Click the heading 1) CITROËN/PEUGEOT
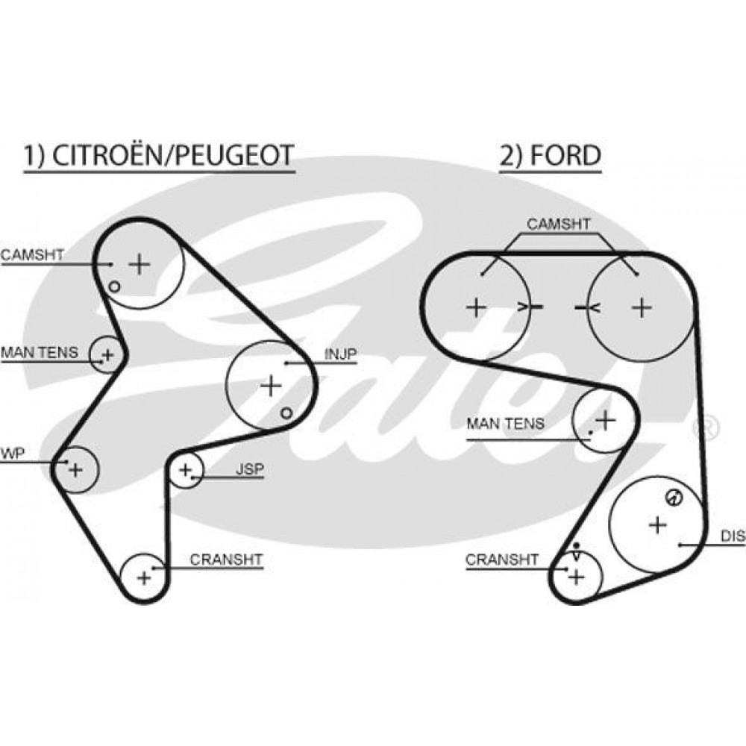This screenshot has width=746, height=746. tap(159, 156)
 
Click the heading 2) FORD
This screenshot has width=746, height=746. tap(550, 156)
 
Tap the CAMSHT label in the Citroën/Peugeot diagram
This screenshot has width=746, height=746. tap(32, 254)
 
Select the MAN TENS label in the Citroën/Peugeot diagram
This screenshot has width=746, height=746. tap(40, 353)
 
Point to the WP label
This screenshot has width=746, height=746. tap(13, 454)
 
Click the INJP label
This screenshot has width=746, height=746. tap(340, 354)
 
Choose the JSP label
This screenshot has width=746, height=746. tap(250, 469)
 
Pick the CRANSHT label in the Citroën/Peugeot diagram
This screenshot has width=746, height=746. tap(226, 559)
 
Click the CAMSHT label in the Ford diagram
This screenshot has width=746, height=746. tap(559, 224)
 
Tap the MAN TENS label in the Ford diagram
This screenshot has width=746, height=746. tap(505, 424)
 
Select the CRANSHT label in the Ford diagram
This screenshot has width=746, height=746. tap(502, 559)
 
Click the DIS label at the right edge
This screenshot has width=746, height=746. tap(733, 536)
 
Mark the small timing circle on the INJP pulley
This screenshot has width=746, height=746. tap(286, 413)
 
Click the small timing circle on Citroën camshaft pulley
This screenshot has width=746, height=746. tap(114, 286)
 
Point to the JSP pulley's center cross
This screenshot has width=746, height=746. tap(185, 470)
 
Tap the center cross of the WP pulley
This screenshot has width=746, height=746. tap(75, 470)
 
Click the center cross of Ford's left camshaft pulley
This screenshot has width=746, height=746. tap(476, 307)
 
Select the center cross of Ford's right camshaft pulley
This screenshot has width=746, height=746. tap(642, 307)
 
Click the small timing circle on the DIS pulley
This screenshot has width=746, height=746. tap(674, 498)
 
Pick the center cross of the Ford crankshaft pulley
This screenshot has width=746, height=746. tap(577, 577)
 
